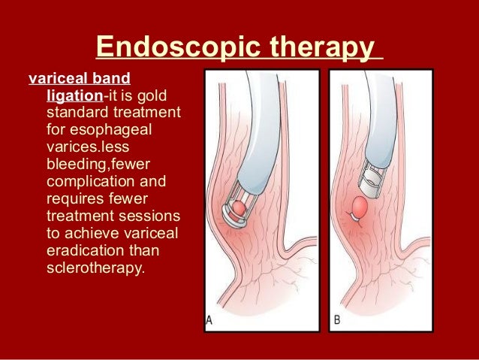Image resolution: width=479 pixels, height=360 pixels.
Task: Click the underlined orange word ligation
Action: pyautogui.click(x=75, y=96)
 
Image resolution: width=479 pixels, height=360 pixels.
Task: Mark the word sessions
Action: pyautogui.click(x=149, y=217)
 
